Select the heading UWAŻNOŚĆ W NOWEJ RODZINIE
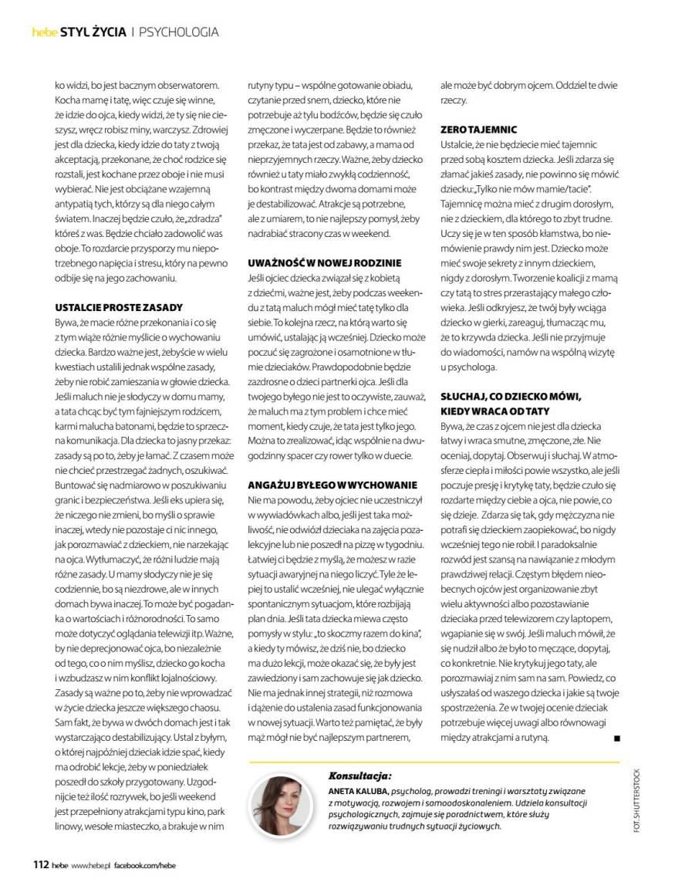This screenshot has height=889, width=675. pos(324,263)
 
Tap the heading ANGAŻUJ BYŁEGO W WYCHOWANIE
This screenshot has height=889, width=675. pos(332,485)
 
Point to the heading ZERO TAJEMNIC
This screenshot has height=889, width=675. pos(478,130)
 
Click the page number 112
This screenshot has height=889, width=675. pos(41,864)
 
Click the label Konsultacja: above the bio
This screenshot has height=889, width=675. pos(359,776)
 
